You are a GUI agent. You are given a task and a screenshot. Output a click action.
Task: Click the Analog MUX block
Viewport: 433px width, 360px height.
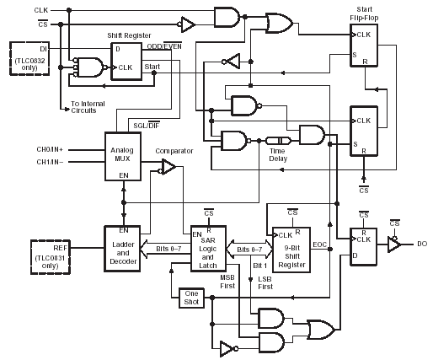point(123,156)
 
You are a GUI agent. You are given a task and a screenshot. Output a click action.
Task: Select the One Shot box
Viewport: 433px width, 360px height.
point(191,298)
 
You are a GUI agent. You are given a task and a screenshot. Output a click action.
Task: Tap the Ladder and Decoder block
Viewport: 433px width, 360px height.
point(122,249)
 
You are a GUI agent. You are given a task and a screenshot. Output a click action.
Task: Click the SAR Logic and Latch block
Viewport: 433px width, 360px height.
point(208,249)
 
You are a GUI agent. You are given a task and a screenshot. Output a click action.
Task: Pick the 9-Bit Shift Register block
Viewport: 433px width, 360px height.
point(291,250)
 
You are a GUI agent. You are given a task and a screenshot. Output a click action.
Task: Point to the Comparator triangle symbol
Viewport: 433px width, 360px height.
point(168,167)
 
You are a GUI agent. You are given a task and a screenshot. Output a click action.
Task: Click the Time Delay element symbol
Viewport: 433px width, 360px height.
point(278,140)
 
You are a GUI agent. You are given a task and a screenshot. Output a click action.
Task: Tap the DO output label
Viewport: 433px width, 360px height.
point(422,244)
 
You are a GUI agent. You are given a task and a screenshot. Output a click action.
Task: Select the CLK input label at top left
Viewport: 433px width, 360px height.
point(41,10)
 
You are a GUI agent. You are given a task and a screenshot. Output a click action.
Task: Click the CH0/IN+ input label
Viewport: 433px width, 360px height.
point(50,149)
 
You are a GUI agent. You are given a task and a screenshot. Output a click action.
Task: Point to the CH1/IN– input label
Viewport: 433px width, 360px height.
point(50,162)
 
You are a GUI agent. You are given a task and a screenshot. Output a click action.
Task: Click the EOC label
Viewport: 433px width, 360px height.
point(319,244)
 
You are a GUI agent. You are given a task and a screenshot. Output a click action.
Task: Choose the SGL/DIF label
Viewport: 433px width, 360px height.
point(147,126)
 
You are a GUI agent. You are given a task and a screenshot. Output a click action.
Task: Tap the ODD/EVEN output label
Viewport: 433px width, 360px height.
point(164,46)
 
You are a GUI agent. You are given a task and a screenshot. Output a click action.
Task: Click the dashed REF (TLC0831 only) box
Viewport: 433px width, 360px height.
point(51,257)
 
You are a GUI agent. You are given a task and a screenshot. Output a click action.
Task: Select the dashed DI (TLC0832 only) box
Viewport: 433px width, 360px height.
point(29,58)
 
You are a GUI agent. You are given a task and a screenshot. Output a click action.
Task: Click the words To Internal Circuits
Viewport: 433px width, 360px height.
point(88,107)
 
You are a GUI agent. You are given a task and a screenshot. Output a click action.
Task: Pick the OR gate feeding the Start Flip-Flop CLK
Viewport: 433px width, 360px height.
point(280,23)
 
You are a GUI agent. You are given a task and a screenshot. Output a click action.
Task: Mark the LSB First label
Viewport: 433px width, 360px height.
point(265,283)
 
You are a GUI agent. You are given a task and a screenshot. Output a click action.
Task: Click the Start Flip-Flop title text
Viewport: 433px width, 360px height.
point(364,13)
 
